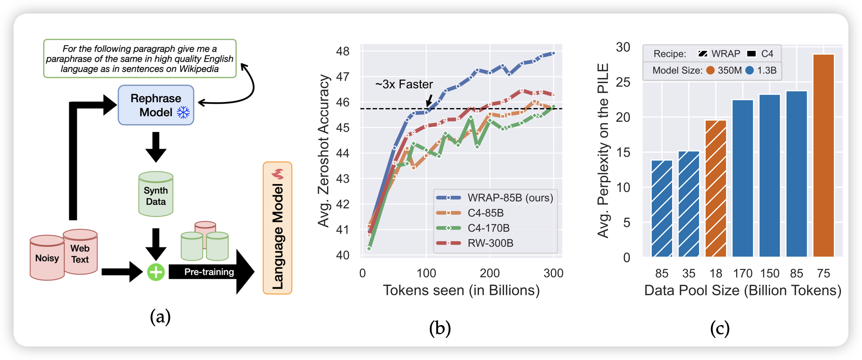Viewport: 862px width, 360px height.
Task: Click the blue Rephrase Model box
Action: tap(156, 105)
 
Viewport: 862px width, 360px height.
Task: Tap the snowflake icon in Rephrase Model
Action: tap(183, 112)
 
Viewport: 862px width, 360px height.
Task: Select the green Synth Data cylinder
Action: tap(156, 194)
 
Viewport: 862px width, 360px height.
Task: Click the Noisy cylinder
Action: tap(47, 258)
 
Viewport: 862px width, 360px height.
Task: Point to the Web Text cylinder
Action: tap(80, 252)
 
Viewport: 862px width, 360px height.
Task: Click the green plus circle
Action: tap(156, 272)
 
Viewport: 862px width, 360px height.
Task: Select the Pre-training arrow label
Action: tap(209, 272)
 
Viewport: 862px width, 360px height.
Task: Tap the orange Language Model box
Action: tap(277, 228)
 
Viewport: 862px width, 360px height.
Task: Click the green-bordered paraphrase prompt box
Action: tap(140, 59)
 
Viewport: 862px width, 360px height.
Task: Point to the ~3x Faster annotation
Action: tap(404, 84)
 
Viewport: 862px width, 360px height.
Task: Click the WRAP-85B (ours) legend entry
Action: tap(510, 198)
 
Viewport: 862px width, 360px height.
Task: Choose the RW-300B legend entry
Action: tap(490, 243)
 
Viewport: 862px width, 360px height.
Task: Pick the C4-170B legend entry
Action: tap(488, 228)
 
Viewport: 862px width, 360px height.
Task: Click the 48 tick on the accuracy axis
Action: tap(342, 51)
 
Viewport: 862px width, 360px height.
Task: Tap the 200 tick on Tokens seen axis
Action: tap(490, 273)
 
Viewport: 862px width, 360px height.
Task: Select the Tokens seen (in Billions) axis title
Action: tap(461, 290)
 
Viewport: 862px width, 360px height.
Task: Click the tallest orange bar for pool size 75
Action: tap(824, 156)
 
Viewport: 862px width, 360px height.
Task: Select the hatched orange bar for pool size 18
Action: tap(716, 188)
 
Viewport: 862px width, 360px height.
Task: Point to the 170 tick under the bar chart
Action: tap(743, 273)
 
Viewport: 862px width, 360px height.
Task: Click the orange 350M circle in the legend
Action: tap(711, 70)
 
